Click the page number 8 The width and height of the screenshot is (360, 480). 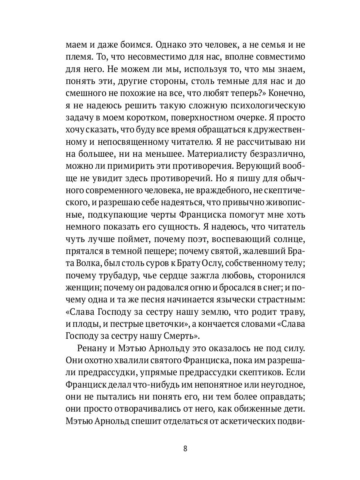pyautogui.click(x=185, y=448)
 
